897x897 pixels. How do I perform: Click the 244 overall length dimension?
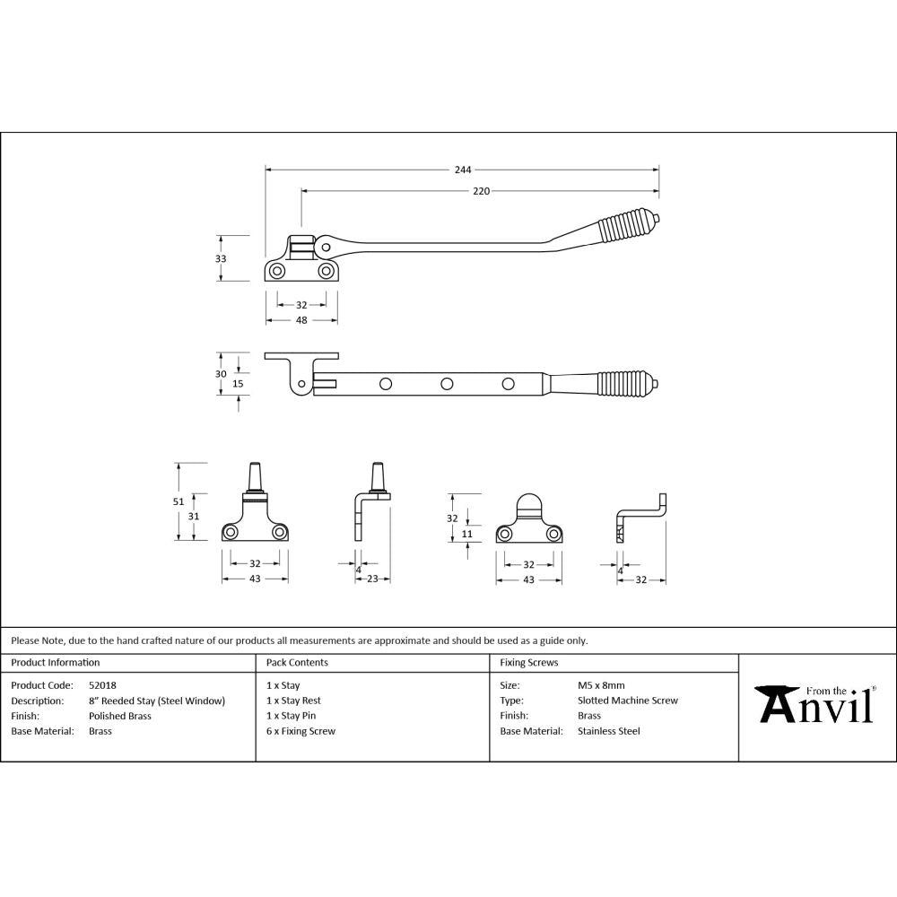point(462,169)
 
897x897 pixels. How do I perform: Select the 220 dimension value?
point(482,191)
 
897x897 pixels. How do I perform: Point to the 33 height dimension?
point(222,258)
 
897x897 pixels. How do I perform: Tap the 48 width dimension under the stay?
point(301,319)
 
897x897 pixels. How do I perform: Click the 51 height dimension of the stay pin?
point(179,501)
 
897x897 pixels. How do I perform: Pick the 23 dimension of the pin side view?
point(372,579)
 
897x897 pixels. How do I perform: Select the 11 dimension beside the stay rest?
point(466,534)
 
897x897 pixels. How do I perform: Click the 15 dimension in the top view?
point(238,384)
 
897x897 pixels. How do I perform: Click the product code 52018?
point(102,685)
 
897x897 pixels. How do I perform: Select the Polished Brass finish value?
point(120,716)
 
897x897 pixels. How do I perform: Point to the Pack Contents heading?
point(297,663)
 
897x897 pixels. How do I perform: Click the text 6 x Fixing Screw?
point(300,731)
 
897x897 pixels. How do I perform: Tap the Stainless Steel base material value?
point(609,731)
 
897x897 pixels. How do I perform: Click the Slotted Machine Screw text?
point(628,701)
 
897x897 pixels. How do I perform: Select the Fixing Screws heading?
point(529,663)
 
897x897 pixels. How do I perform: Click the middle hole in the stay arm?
point(446,384)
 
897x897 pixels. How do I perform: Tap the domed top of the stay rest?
point(528,502)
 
